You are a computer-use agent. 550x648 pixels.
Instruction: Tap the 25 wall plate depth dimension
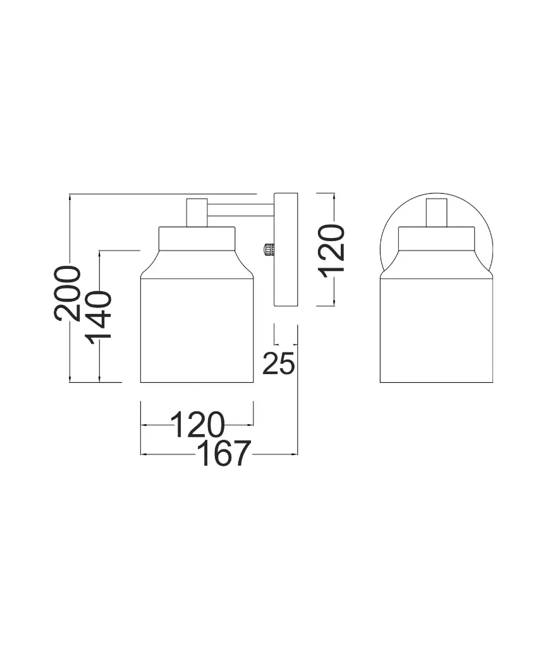point(278,363)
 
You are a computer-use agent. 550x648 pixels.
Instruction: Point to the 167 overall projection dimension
point(224,453)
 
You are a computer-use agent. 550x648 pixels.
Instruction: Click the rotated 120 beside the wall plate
point(332,248)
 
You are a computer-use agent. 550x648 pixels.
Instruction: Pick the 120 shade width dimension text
point(197,425)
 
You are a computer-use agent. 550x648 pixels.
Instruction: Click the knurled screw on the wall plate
point(269,249)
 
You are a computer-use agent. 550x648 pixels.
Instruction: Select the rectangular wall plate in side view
point(285,250)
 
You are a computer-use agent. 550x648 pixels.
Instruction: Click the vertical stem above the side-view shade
point(196,212)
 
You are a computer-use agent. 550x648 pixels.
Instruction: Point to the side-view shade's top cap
point(197,238)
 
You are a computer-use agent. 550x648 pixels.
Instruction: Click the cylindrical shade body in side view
point(197,329)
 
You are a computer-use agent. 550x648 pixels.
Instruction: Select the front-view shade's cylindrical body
point(436,329)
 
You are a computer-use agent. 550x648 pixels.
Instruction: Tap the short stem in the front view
point(436,213)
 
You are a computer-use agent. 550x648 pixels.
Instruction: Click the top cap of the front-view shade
point(436,239)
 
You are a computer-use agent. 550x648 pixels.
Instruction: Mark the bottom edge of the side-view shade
point(197,382)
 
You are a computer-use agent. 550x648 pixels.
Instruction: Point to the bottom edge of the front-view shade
point(436,382)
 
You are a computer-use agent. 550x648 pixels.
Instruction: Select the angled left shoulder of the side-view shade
point(148,265)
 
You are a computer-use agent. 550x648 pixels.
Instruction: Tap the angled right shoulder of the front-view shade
point(484,265)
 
